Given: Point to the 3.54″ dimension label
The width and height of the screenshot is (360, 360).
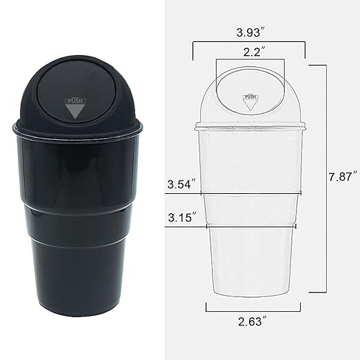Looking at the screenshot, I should (181, 184).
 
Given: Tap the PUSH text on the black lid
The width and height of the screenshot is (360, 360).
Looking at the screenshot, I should (75, 101).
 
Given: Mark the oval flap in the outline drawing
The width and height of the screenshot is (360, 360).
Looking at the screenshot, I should (250, 90).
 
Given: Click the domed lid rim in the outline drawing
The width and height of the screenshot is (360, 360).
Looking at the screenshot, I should (250, 126).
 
